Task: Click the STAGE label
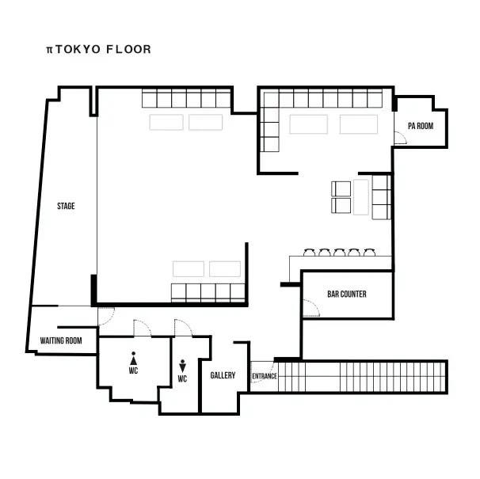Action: (66, 206)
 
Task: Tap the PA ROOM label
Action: (421, 126)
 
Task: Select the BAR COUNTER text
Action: (347, 295)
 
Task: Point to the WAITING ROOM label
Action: (61, 340)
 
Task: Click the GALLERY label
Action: (223, 375)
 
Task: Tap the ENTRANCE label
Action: (265, 376)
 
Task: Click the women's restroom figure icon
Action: (134, 359)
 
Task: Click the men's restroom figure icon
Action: (182, 366)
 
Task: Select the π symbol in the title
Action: (50, 50)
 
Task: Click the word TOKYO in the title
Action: (78, 49)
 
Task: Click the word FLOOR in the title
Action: (128, 49)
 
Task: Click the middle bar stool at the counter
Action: (340, 253)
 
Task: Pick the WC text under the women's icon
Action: (134, 371)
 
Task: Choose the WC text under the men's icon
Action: (182, 379)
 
